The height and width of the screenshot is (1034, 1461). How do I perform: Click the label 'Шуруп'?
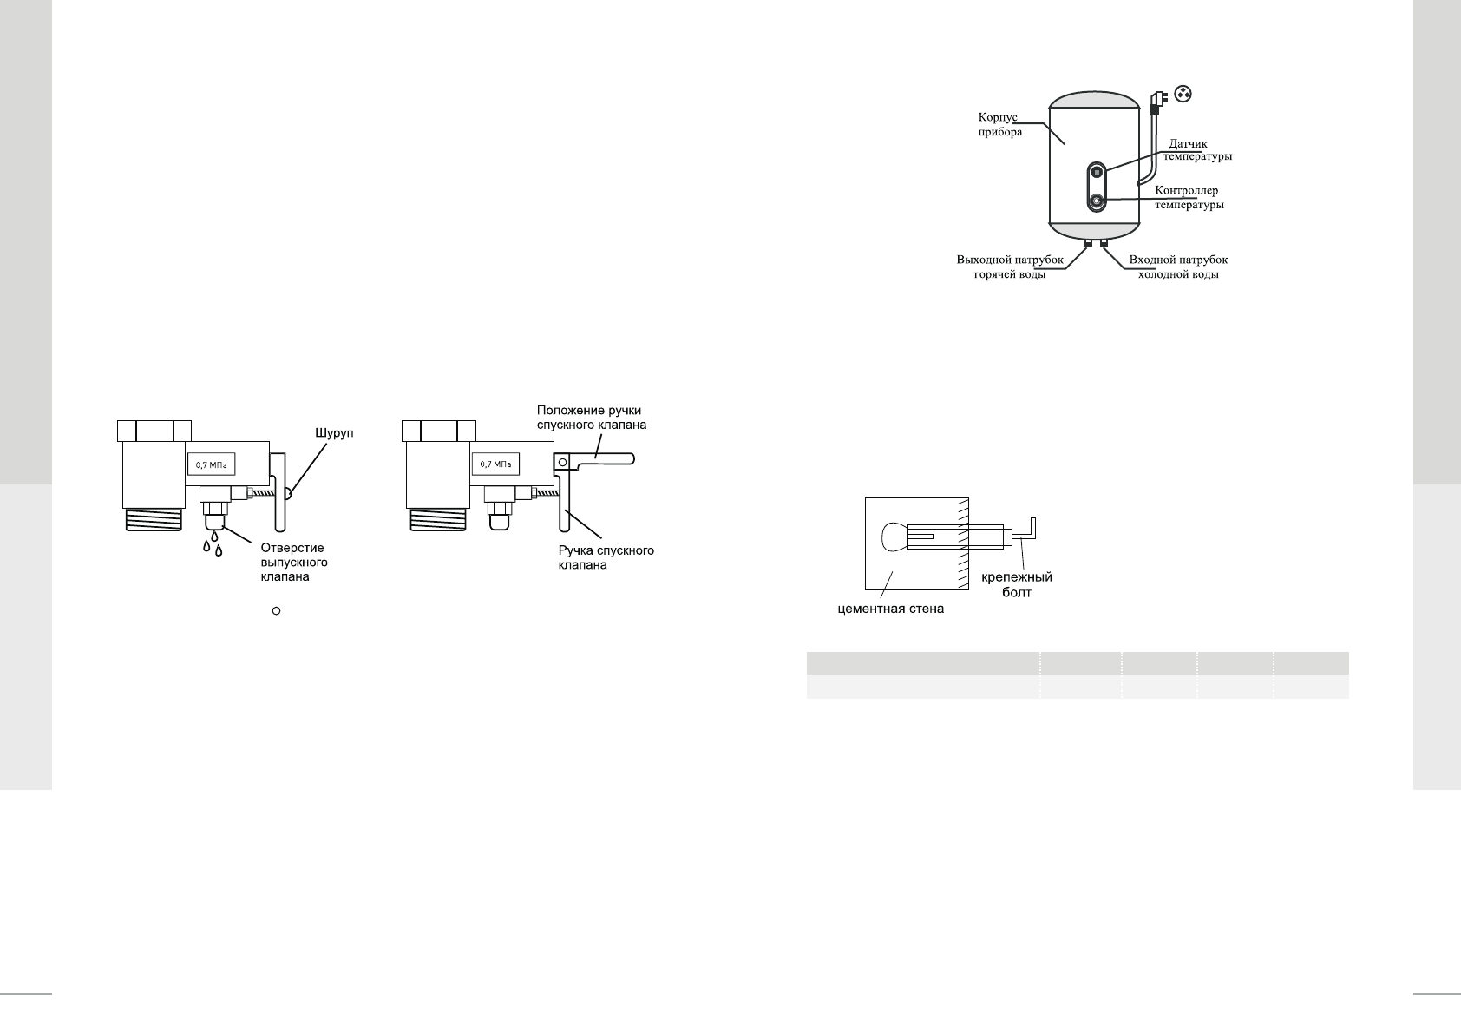click(334, 432)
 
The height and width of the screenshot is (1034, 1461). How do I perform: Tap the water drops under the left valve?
click(213, 546)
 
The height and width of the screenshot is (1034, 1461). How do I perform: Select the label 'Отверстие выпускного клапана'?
click(294, 562)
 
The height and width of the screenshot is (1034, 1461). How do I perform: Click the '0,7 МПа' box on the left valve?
click(212, 465)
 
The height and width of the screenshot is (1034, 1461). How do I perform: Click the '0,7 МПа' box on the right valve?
click(495, 465)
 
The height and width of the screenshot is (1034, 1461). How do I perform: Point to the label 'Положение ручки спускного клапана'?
click(592, 418)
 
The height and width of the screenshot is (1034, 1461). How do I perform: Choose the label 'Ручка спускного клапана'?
click(605, 557)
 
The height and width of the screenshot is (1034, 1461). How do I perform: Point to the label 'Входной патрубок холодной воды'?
click(1178, 267)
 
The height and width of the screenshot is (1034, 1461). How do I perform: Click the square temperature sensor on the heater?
click(1097, 172)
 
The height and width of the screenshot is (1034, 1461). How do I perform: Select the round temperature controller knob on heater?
click(1097, 201)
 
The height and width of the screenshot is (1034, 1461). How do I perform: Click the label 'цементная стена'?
click(889, 609)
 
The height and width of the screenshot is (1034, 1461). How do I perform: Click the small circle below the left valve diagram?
click(276, 612)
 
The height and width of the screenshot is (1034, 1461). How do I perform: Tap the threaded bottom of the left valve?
click(153, 520)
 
